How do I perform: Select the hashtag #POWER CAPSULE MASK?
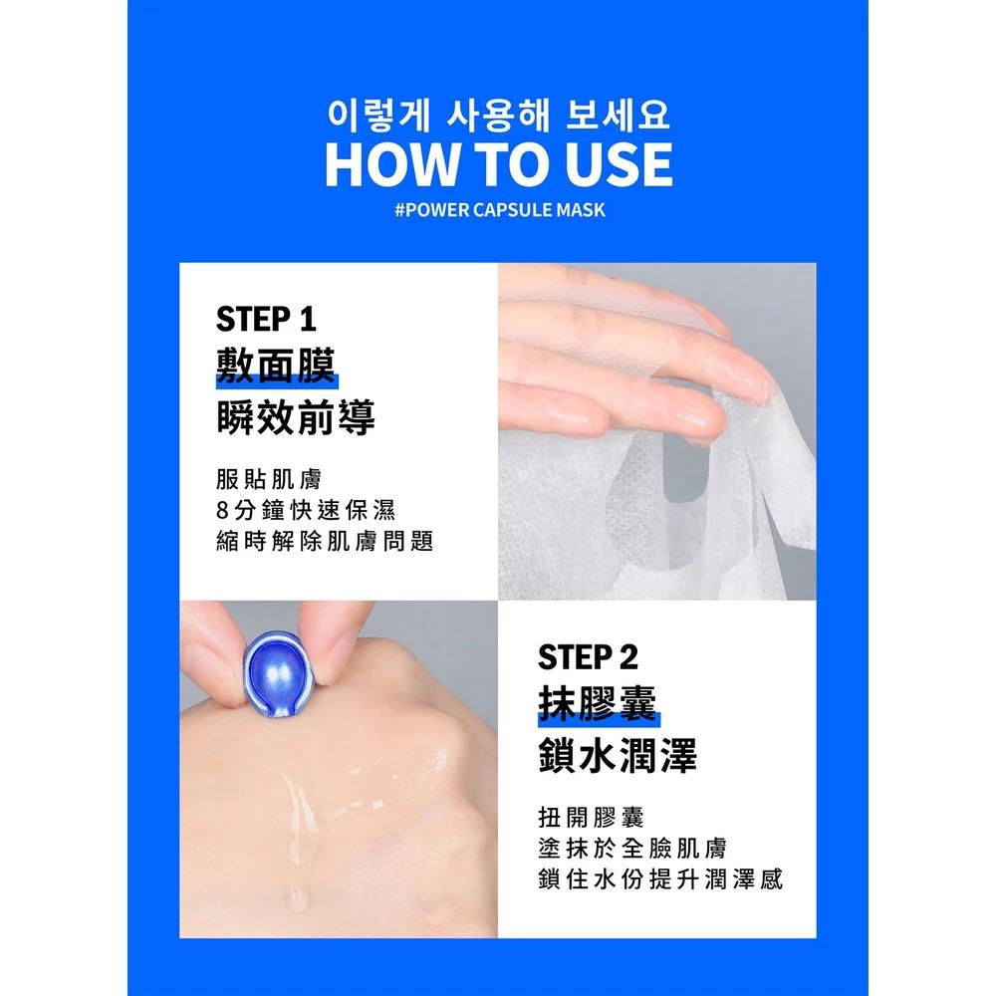coord(498,210)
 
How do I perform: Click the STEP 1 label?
coord(265,321)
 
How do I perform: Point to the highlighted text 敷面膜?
coord(276,368)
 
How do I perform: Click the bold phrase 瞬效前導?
coord(296,417)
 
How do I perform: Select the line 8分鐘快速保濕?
coord(305,509)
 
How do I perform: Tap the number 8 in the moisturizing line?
coord(222,510)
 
